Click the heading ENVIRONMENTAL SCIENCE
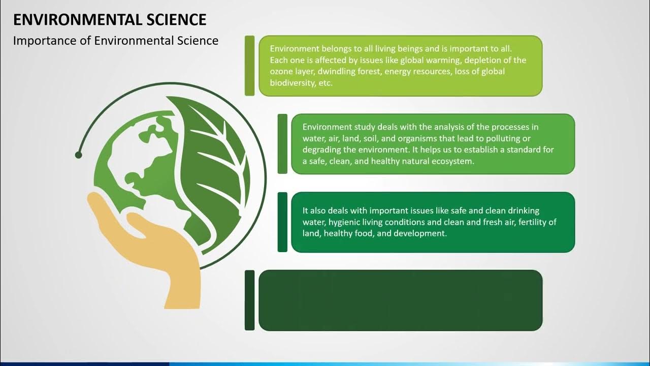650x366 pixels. [x=110, y=20]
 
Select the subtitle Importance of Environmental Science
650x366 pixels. [x=116, y=41]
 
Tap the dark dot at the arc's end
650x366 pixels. [x=78, y=155]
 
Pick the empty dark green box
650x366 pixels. [x=400, y=300]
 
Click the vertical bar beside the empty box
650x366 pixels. [x=249, y=300]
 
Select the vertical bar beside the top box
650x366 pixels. [x=249, y=66]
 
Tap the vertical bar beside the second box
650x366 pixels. [x=282, y=144]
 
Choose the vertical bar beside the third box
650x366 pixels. [x=282, y=222]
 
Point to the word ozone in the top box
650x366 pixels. [x=282, y=72]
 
